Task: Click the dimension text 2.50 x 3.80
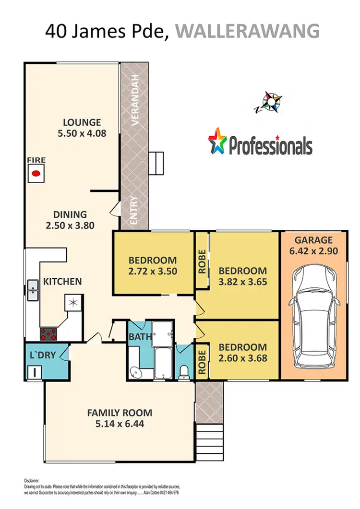70,226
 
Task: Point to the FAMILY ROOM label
120,412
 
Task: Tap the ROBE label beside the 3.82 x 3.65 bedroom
202,261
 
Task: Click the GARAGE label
313,240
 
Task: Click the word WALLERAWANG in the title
247,31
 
